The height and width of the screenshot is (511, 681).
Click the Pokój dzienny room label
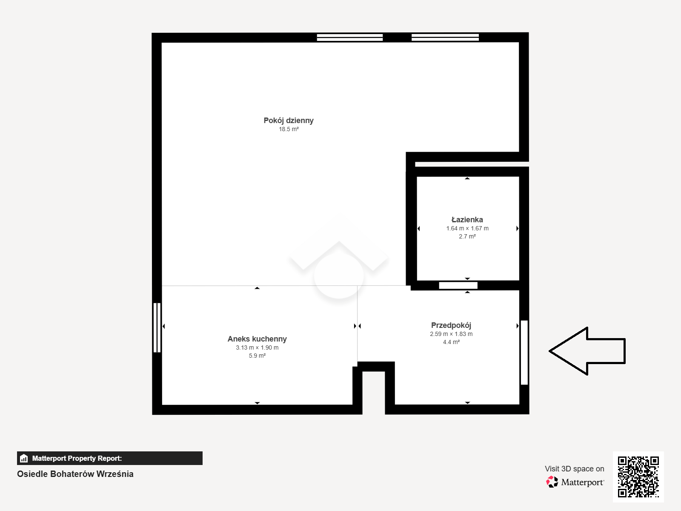click(289, 121)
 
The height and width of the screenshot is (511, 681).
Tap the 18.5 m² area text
click(289, 129)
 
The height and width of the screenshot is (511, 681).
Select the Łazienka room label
click(467, 220)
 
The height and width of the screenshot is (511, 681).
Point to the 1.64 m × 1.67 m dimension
click(467, 228)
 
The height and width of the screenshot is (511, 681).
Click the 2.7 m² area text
click(467, 236)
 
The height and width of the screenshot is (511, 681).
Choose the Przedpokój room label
click(451, 325)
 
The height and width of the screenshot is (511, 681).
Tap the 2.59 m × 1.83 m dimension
click(451, 334)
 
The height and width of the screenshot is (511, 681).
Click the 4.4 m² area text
click(451, 342)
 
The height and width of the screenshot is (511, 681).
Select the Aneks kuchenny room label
click(257, 339)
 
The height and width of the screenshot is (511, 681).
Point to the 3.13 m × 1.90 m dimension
click(257, 348)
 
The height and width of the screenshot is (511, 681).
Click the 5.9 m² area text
click(257, 356)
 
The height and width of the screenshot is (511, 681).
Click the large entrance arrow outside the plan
click(587, 351)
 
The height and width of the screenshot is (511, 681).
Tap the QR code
click(638, 477)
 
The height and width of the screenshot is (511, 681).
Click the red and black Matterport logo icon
click(552, 482)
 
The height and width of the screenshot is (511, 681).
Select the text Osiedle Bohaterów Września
click(75, 474)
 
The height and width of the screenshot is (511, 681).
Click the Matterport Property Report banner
click(109, 458)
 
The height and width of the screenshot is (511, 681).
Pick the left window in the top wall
click(350, 37)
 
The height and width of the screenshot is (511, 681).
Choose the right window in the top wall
click(445, 37)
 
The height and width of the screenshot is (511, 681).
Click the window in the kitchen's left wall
click(157, 327)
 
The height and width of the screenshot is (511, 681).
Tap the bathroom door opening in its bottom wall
click(458, 285)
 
